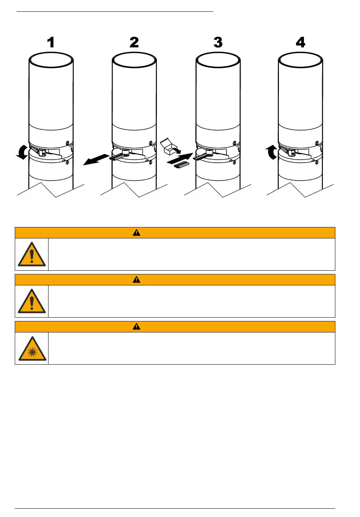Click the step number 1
[x=51, y=42]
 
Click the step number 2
[x=134, y=42]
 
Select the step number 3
[x=218, y=42]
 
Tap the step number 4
[x=301, y=42]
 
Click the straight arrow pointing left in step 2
[x=96, y=160]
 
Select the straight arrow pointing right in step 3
[x=180, y=158]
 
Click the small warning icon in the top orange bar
[x=136, y=233]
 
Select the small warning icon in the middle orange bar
[x=136, y=280]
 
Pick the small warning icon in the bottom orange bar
[x=136, y=326]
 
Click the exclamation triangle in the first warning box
[x=32, y=254]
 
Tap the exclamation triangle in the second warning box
[x=32, y=301]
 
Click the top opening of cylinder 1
[x=51, y=53]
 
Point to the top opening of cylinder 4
[x=301, y=53]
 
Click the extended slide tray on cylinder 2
[x=118, y=157]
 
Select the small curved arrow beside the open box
[x=177, y=150]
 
